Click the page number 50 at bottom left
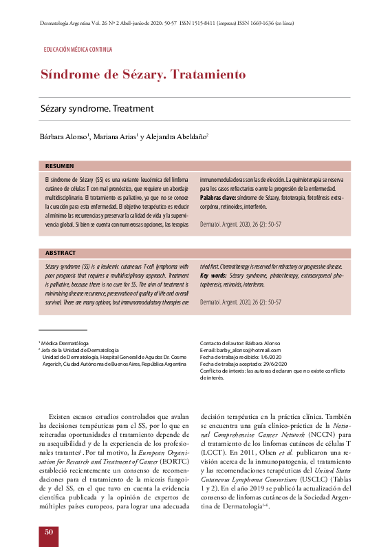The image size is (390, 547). coord(48,532)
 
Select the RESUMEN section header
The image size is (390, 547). coord(59,166)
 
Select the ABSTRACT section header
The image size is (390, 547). coord(60,253)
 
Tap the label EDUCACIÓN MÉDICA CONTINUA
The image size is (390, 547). coord(78,50)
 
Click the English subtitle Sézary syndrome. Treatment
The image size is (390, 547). coord(96,109)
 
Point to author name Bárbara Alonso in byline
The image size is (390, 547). coord(63,136)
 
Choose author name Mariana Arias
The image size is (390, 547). coord(115,136)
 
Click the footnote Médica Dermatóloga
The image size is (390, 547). coord(65,343)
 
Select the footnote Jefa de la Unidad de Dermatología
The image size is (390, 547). coord(80,350)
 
